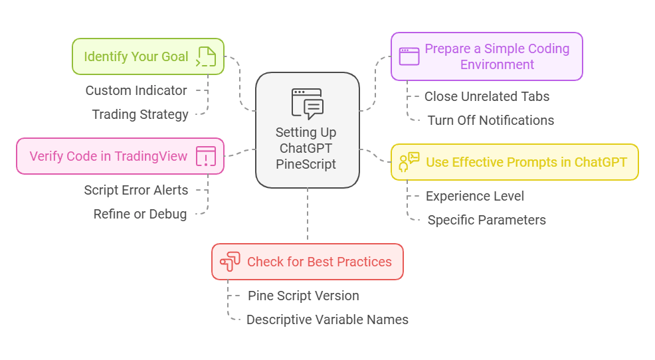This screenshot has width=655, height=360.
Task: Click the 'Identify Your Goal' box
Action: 148,56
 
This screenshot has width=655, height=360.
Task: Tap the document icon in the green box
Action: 206,56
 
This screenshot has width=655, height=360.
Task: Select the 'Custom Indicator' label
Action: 136,90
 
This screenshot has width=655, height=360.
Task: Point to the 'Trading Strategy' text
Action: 140,114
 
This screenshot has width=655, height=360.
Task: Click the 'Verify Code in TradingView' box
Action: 120,156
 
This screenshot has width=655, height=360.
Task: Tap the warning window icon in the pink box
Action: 206,156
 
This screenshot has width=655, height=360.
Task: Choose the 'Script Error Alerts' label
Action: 136,190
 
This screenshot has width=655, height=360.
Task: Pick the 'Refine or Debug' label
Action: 140,214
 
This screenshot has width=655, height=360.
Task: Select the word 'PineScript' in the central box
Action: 306,164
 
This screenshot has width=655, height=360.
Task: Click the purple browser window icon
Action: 409,56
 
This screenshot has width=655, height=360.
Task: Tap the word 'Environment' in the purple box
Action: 497,64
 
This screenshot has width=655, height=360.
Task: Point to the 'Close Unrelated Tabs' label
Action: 487,96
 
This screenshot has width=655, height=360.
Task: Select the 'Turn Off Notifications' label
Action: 491,120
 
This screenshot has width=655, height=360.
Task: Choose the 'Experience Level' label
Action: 475,196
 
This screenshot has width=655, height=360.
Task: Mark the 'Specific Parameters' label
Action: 487,220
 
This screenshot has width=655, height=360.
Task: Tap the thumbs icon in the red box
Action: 230,262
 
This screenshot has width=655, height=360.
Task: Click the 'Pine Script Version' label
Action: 304,296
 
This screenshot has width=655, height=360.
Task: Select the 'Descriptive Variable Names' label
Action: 327,319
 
